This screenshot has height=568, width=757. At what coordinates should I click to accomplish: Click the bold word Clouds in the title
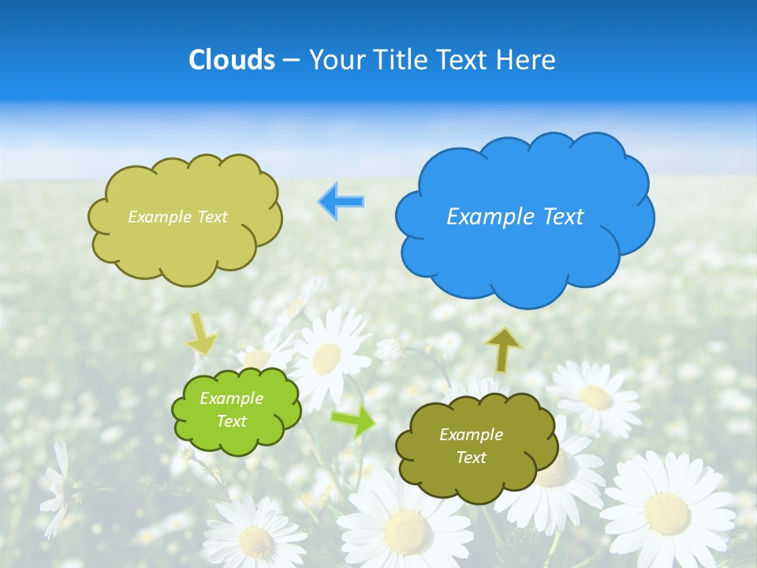[231, 60]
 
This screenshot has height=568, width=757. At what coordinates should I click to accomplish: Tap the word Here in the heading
[526, 60]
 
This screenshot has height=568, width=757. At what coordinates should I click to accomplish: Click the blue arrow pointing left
[341, 201]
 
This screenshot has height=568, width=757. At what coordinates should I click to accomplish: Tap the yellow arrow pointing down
[200, 333]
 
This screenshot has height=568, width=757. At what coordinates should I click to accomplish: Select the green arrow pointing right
[353, 422]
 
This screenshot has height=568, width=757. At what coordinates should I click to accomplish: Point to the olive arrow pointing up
[503, 349]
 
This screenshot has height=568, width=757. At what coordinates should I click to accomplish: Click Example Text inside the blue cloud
[515, 216]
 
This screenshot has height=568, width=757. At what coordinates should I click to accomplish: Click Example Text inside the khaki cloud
[177, 217]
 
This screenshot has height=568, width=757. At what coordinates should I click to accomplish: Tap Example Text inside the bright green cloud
[231, 410]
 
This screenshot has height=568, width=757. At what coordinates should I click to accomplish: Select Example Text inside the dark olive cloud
[471, 446]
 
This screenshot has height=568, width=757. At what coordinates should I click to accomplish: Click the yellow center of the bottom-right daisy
[667, 511]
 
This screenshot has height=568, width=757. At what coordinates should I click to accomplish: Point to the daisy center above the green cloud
[326, 359]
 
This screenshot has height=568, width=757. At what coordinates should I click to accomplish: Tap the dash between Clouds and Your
[290, 60]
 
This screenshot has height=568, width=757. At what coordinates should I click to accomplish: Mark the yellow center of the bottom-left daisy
[256, 542]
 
